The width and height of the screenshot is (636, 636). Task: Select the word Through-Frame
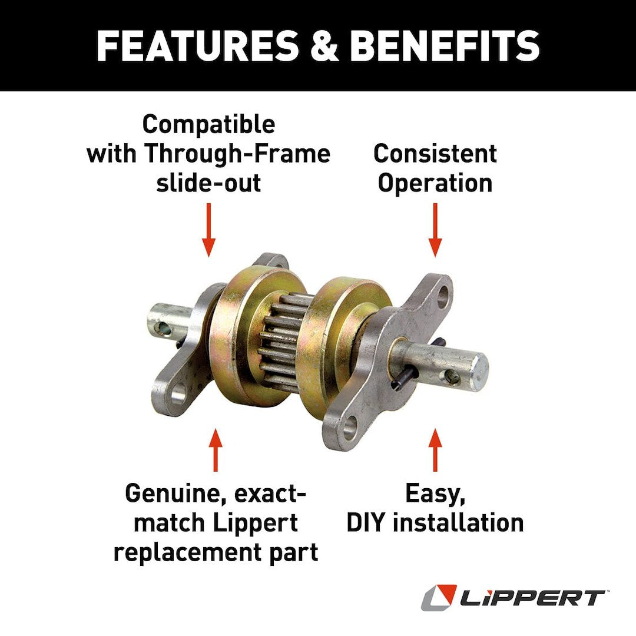pos(237,154)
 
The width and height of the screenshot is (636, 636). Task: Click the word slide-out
pos(208,183)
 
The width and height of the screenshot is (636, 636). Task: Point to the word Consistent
pos(435,154)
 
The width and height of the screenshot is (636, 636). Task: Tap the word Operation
pos(435,183)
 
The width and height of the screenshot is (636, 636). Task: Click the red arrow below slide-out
pos(208,230)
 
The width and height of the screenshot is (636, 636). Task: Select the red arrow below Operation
pos(435,230)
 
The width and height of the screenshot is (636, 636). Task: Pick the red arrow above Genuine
pos(216,450)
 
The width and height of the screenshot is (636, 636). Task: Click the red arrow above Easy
pos(435,450)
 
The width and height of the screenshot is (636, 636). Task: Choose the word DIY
pos(368,523)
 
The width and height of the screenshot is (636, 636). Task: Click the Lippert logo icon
pos(439,597)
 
